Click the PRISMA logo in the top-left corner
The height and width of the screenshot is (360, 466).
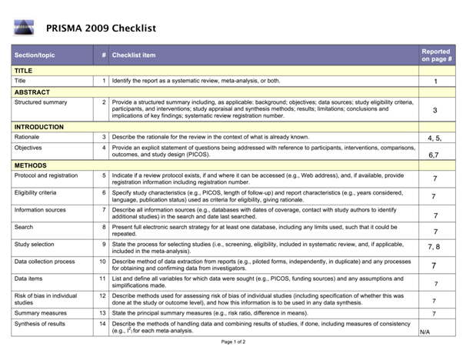24,28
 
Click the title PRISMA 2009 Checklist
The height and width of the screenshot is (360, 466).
101,28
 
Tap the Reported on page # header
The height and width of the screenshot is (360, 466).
436,55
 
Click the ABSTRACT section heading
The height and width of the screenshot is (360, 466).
32,92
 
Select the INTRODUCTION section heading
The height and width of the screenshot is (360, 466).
40,126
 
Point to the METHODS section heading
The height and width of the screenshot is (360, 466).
31,165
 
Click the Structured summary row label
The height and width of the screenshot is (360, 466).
41,102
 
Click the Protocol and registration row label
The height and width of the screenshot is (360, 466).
46,175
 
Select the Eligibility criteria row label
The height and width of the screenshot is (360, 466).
35,192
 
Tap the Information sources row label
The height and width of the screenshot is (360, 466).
40,209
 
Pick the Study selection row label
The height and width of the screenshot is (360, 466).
35,244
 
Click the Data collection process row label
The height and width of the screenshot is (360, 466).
45,262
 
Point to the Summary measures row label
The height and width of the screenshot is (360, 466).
38,313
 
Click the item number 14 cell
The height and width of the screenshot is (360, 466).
103,325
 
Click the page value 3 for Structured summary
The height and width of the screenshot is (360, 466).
435,110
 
